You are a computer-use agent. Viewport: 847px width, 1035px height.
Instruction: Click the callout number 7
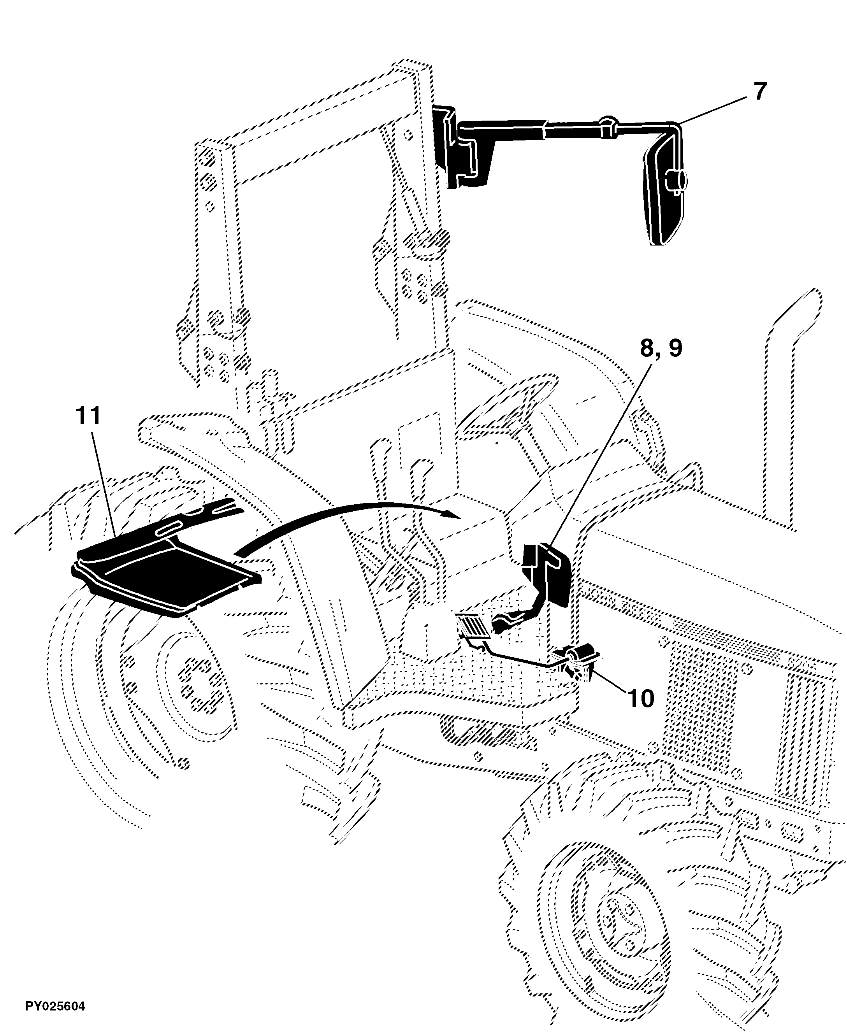pyautogui.click(x=759, y=92)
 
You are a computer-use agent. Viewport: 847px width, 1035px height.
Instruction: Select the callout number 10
pyautogui.click(x=641, y=698)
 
